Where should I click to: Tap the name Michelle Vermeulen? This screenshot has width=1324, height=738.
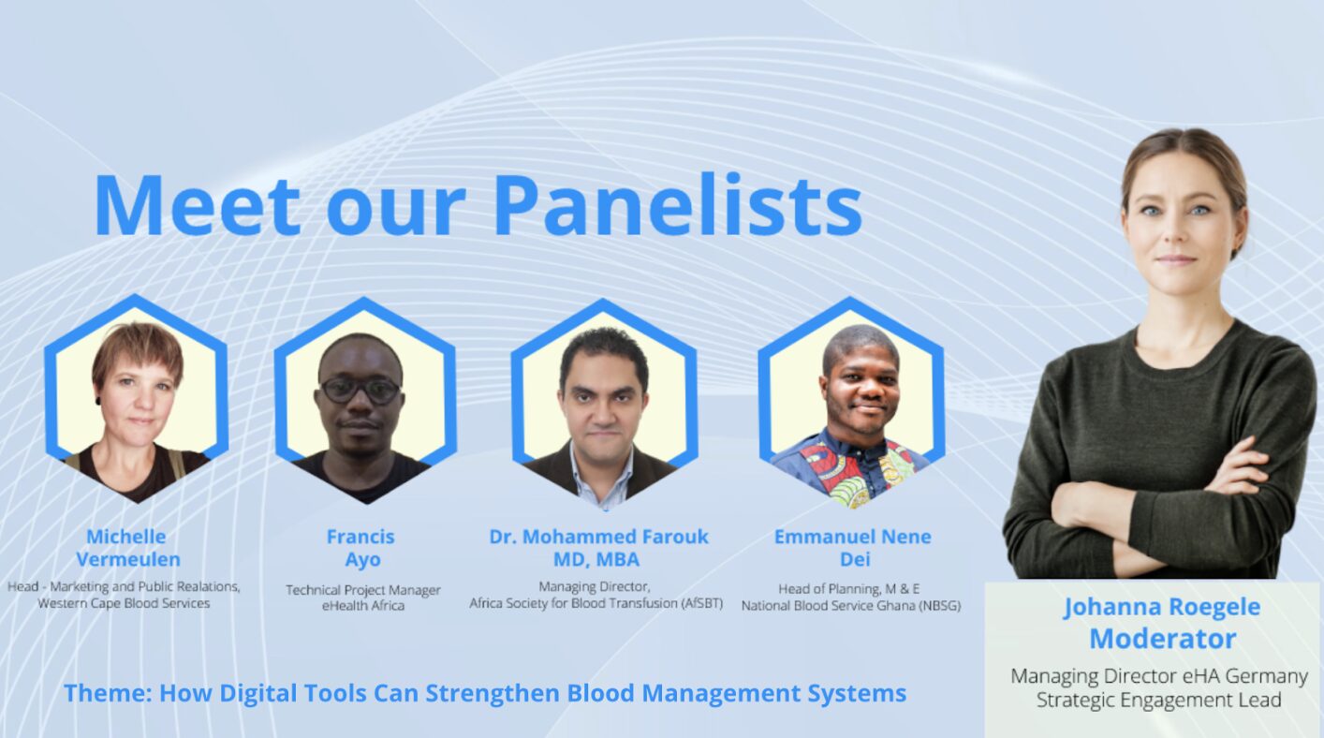pos(127,548)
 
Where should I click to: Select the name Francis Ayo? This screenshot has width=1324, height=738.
pos(361,548)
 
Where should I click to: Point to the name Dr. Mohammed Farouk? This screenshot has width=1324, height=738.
pos(598,537)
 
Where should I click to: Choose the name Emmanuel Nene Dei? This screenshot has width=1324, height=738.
pos(852,548)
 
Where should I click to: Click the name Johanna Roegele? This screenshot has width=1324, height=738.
pos(1162,607)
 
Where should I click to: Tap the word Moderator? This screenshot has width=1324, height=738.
pos(1163,639)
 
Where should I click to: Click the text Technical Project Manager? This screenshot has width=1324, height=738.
pos(363,590)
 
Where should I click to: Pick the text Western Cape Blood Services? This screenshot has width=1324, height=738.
pos(124,604)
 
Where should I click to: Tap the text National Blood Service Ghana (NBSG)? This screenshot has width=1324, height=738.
pos(851,606)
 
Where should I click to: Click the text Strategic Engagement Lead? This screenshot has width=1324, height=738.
pos(1158,701)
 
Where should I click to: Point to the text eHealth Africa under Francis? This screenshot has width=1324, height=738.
pos(363,606)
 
